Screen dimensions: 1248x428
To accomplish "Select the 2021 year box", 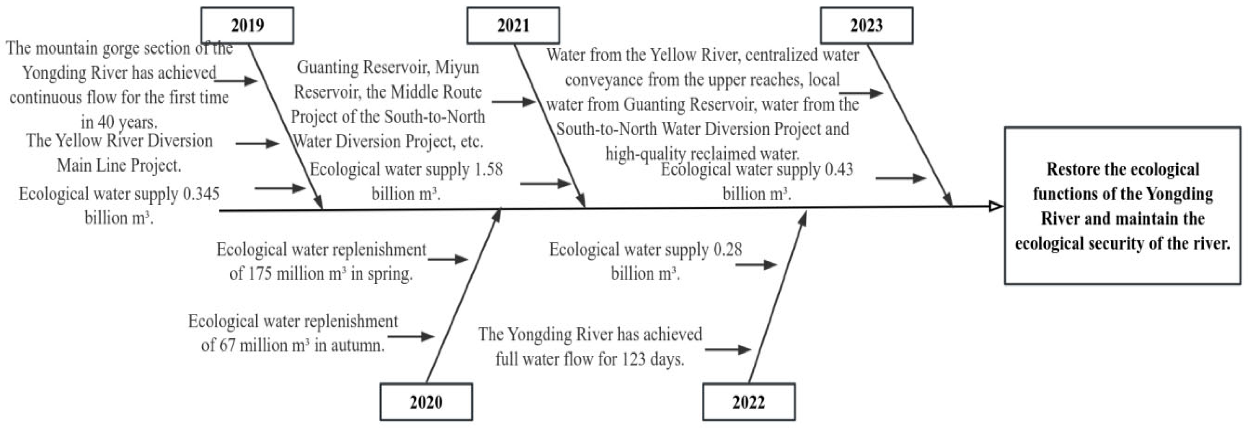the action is [x=513, y=25].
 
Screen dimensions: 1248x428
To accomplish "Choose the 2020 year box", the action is [x=426, y=402].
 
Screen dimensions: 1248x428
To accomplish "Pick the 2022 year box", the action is [x=749, y=402].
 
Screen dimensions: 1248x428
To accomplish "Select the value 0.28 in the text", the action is [x=727, y=249].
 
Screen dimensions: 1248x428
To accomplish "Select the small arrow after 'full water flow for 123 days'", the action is [x=728, y=349].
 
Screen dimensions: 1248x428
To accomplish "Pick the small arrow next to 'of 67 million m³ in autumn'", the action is [x=411, y=336].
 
